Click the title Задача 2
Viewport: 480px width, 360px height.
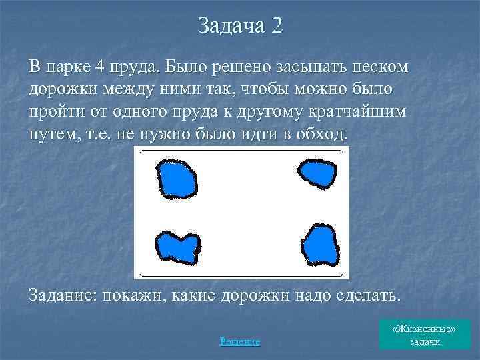click(x=240, y=26)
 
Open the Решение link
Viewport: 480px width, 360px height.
click(x=240, y=341)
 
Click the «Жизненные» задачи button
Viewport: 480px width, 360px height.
click(x=425, y=335)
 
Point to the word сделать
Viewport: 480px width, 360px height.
click(x=363, y=295)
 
